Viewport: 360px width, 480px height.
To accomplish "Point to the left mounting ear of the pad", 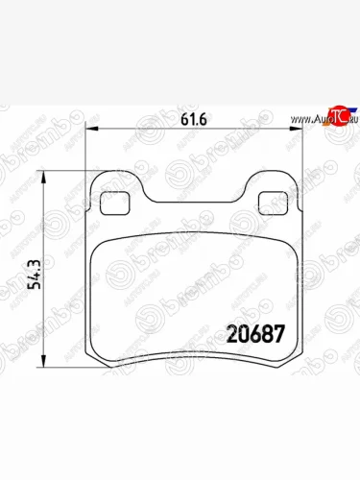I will point(115,192).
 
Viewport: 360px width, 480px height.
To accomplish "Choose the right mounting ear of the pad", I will point(276,192).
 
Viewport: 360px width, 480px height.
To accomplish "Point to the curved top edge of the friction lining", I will point(196,235).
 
